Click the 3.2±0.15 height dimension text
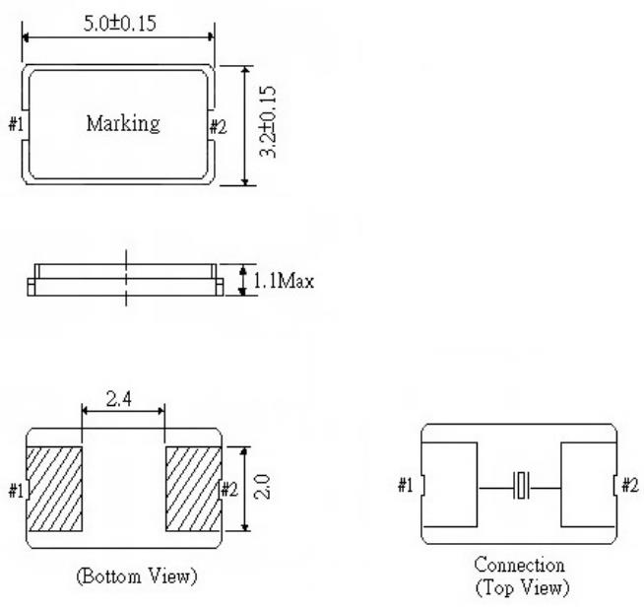point(268,125)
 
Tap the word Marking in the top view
point(122,124)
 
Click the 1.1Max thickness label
point(283,281)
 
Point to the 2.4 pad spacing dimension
point(122,401)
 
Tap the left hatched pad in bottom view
point(57,489)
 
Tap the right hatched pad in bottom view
point(189,489)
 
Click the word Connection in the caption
point(519,566)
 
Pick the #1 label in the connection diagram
point(407,485)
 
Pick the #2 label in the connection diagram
point(630,485)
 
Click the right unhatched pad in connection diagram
point(588,484)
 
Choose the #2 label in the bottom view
point(229,490)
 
